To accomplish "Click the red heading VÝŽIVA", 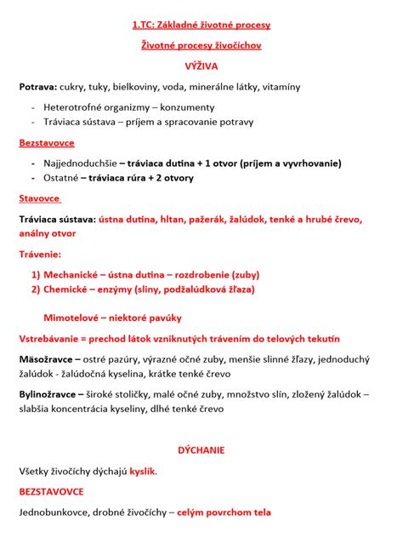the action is [201, 65].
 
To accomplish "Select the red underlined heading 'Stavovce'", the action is [40, 198].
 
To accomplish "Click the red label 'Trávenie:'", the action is [41, 254].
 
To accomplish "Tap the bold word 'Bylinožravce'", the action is [52, 394].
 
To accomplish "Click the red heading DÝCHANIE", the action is [201, 449].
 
